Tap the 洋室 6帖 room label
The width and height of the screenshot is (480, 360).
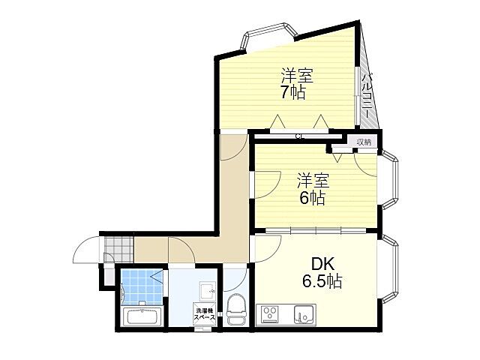(312, 188)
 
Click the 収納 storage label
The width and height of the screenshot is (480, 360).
(364, 142)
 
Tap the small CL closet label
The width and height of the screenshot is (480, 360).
(298, 136)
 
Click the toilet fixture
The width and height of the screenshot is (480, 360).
(235, 308)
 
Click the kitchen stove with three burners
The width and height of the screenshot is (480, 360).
(271, 314)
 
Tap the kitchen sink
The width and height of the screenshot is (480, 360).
(303, 314)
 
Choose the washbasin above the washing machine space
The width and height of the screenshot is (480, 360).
(205, 289)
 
